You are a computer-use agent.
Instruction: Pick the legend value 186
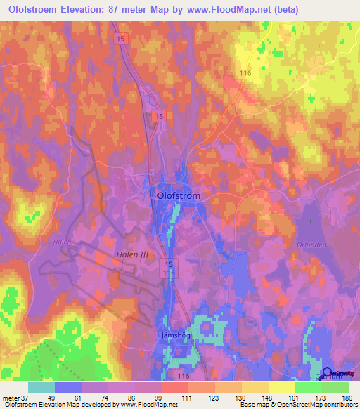click(x=348, y=397)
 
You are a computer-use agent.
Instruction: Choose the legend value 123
click(x=213, y=397)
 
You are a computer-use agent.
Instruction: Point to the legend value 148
click(x=268, y=397)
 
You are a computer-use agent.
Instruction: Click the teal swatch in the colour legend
click(x=41, y=387)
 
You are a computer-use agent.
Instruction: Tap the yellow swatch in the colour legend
click(x=281, y=387)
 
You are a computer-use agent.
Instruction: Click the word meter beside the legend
click(x=10, y=397)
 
